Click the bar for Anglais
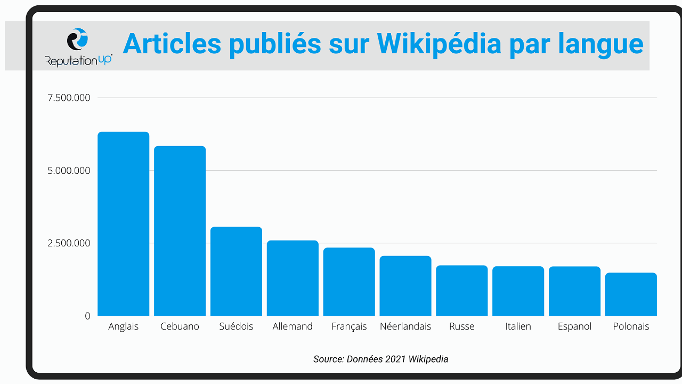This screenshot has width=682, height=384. (123, 224)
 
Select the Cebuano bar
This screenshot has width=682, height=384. (180, 231)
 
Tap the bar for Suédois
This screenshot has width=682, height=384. (236, 271)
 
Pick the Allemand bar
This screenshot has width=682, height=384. (293, 278)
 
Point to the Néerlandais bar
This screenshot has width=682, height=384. (405, 286)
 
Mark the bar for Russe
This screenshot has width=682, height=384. (462, 291)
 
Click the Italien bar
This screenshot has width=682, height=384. (518, 291)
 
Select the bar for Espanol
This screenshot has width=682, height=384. (574, 291)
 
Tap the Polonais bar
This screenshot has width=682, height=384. (631, 294)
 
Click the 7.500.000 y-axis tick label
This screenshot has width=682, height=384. (69, 98)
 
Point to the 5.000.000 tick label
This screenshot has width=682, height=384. (69, 171)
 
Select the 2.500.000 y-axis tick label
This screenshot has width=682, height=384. (69, 243)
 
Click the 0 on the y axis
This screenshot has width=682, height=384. (87, 316)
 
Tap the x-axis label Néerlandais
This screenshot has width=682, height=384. (405, 326)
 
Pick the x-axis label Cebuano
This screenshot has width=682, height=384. (180, 326)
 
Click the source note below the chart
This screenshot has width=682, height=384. (380, 359)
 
